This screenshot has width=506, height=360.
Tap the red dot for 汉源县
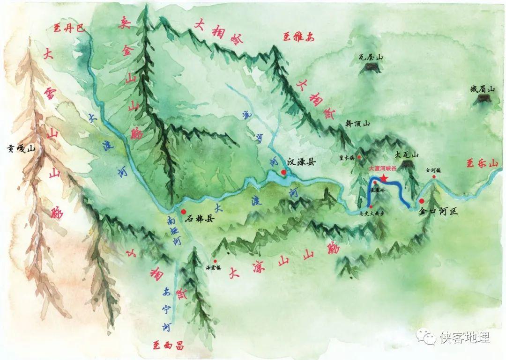point(283,172)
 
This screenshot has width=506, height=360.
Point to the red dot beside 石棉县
point(183,212)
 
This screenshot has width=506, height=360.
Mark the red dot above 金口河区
point(421,201)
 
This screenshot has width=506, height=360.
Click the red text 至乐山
point(481,163)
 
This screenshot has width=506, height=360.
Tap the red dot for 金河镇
point(434,177)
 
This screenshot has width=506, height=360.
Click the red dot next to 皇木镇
point(359,157)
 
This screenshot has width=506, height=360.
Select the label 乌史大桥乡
point(371,213)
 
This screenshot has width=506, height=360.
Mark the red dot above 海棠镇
point(215,261)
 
